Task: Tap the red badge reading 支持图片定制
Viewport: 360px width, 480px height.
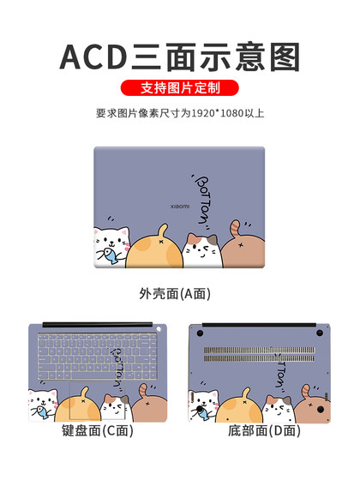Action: click(179, 88)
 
